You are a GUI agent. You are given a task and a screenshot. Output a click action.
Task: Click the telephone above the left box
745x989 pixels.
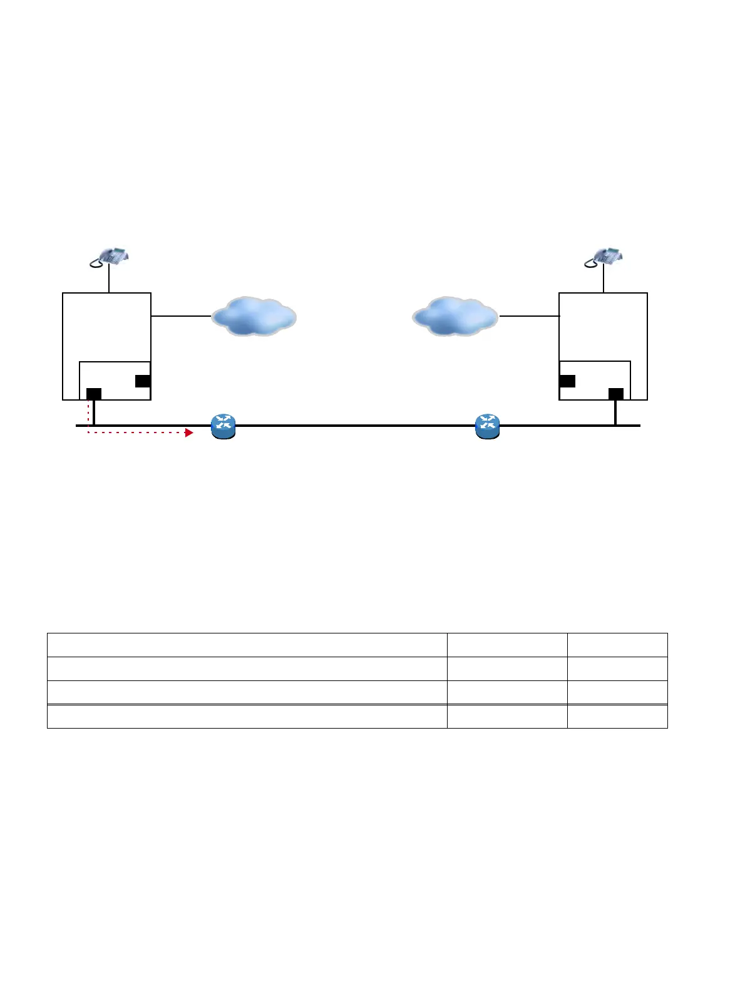click(109, 257)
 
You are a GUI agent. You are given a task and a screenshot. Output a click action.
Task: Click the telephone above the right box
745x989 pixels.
click(604, 257)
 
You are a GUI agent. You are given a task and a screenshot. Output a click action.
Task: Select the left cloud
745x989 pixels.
click(254, 316)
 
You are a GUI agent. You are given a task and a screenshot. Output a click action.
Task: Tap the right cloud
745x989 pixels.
click(455, 316)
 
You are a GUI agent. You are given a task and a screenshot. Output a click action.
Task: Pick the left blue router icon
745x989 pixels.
click(223, 426)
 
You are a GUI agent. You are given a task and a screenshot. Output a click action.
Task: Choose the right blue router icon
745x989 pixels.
click(488, 426)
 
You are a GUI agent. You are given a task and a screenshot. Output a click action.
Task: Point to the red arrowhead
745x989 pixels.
click(190, 433)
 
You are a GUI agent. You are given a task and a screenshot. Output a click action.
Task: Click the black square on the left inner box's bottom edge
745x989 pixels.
click(94, 394)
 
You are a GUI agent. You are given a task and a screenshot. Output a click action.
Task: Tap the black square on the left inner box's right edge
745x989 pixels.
click(143, 381)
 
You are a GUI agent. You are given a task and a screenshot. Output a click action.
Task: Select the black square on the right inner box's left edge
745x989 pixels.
click(567, 381)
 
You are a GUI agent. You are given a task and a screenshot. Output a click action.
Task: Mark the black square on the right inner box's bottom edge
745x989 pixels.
click(616, 394)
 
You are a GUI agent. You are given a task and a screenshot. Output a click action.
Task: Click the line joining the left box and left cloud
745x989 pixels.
click(181, 316)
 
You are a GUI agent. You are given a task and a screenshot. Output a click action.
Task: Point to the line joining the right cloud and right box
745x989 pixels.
click(529, 316)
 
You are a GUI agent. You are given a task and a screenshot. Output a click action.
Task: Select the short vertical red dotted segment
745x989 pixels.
click(88, 413)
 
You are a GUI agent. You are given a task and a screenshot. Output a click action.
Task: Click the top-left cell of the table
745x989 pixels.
click(247, 645)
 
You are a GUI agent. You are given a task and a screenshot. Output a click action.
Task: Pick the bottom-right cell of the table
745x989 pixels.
click(617, 717)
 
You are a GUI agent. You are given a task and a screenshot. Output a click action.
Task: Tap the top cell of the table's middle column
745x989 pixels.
click(507, 645)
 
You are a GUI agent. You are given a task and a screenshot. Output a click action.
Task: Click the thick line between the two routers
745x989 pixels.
click(356, 426)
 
